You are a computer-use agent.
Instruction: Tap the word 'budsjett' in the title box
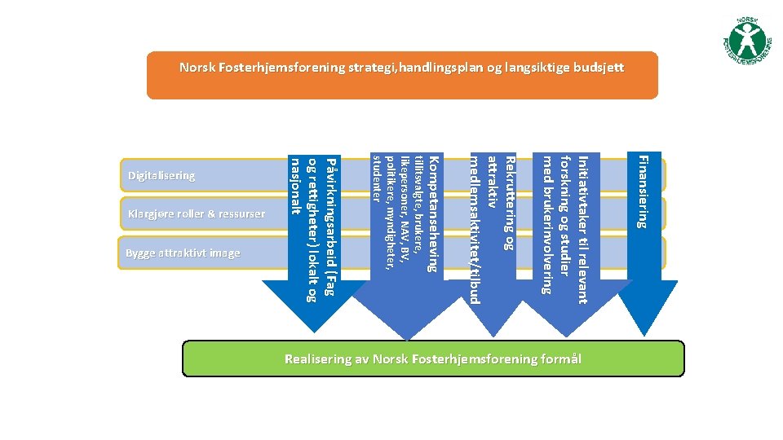[x=599, y=68]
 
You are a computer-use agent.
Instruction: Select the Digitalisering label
[x=161, y=175]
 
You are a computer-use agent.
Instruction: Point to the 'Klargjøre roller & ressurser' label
[x=196, y=214]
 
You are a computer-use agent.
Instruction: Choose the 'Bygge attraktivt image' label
[x=183, y=253]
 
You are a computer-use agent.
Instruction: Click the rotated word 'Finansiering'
[x=643, y=192]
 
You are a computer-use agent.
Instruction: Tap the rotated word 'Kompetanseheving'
[x=434, y=213]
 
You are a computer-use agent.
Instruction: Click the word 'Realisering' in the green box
[x=318, y=359]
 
